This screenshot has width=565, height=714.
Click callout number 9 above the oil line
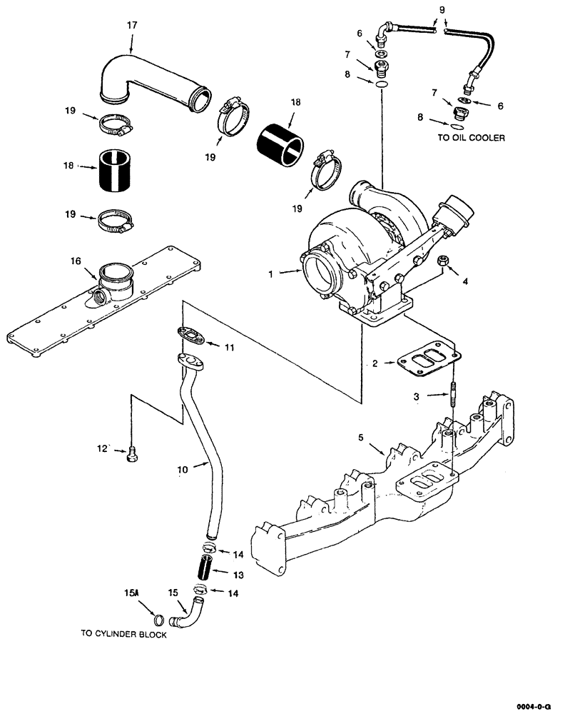440,10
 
